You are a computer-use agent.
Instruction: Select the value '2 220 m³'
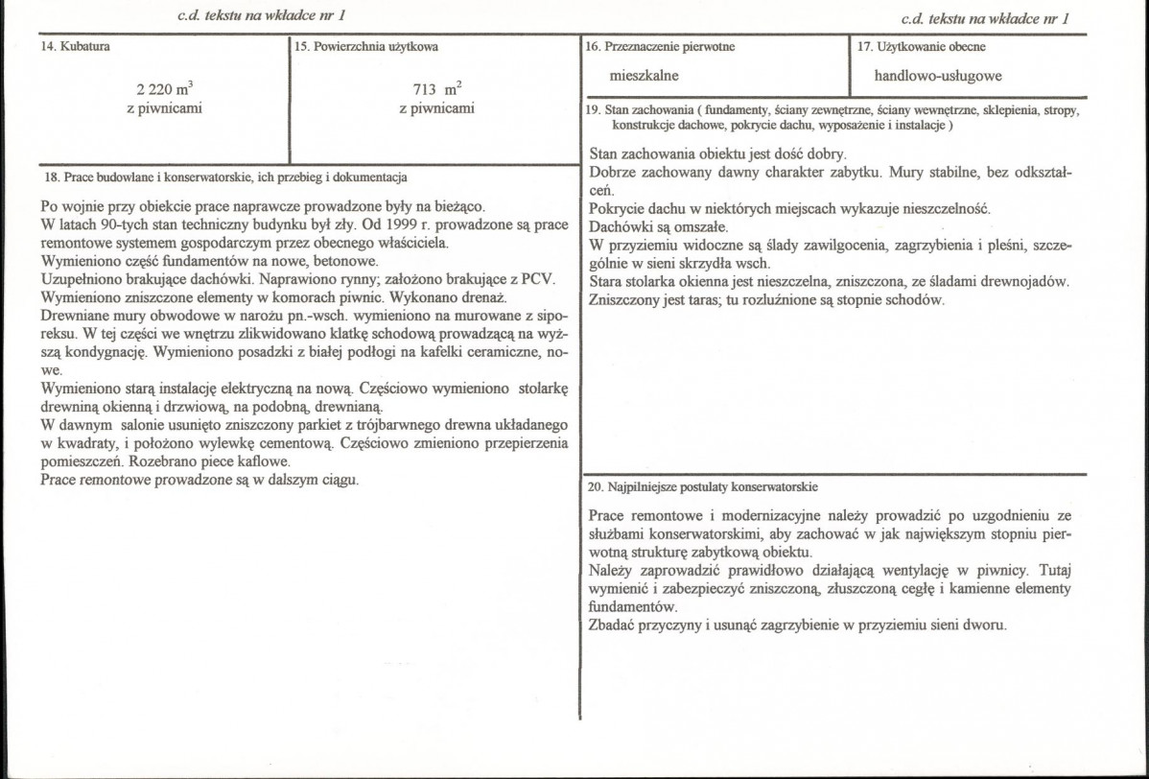coord(165,90)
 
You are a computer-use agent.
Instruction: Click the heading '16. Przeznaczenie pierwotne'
coord(659,47)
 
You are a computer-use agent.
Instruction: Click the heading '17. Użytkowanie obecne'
coord(921,47)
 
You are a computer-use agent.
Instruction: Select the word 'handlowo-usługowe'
coord(938,76)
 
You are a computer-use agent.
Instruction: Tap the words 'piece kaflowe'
coord(247,461)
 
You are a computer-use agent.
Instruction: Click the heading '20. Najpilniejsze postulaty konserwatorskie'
coord(702,486)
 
